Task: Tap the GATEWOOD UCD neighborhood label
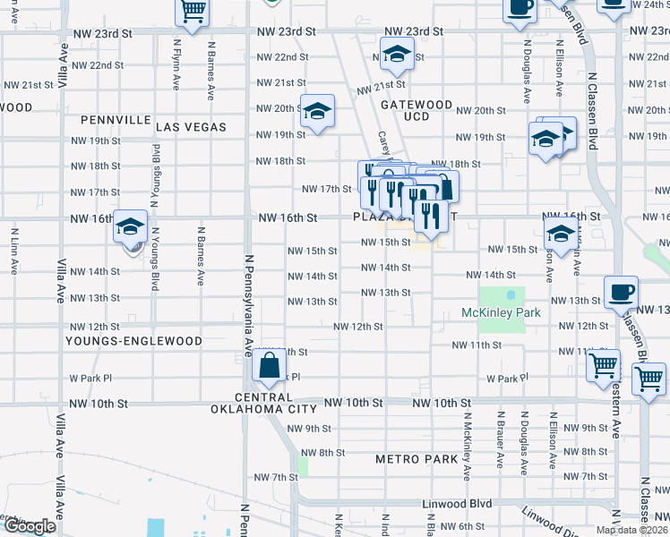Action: coord(417,110)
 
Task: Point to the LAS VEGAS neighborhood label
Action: coord(192,127)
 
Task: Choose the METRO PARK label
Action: coord(410,459)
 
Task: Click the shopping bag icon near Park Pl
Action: coord(269,365)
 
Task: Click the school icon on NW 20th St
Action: coord(316,112)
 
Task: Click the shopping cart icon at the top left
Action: coord(193,11)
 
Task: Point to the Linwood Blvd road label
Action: coord(457,504)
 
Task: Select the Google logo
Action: coord(30,526)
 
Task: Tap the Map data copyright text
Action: coord(631,530)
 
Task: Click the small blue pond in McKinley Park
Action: coord(511,294)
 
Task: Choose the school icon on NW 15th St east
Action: coord(561,234)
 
